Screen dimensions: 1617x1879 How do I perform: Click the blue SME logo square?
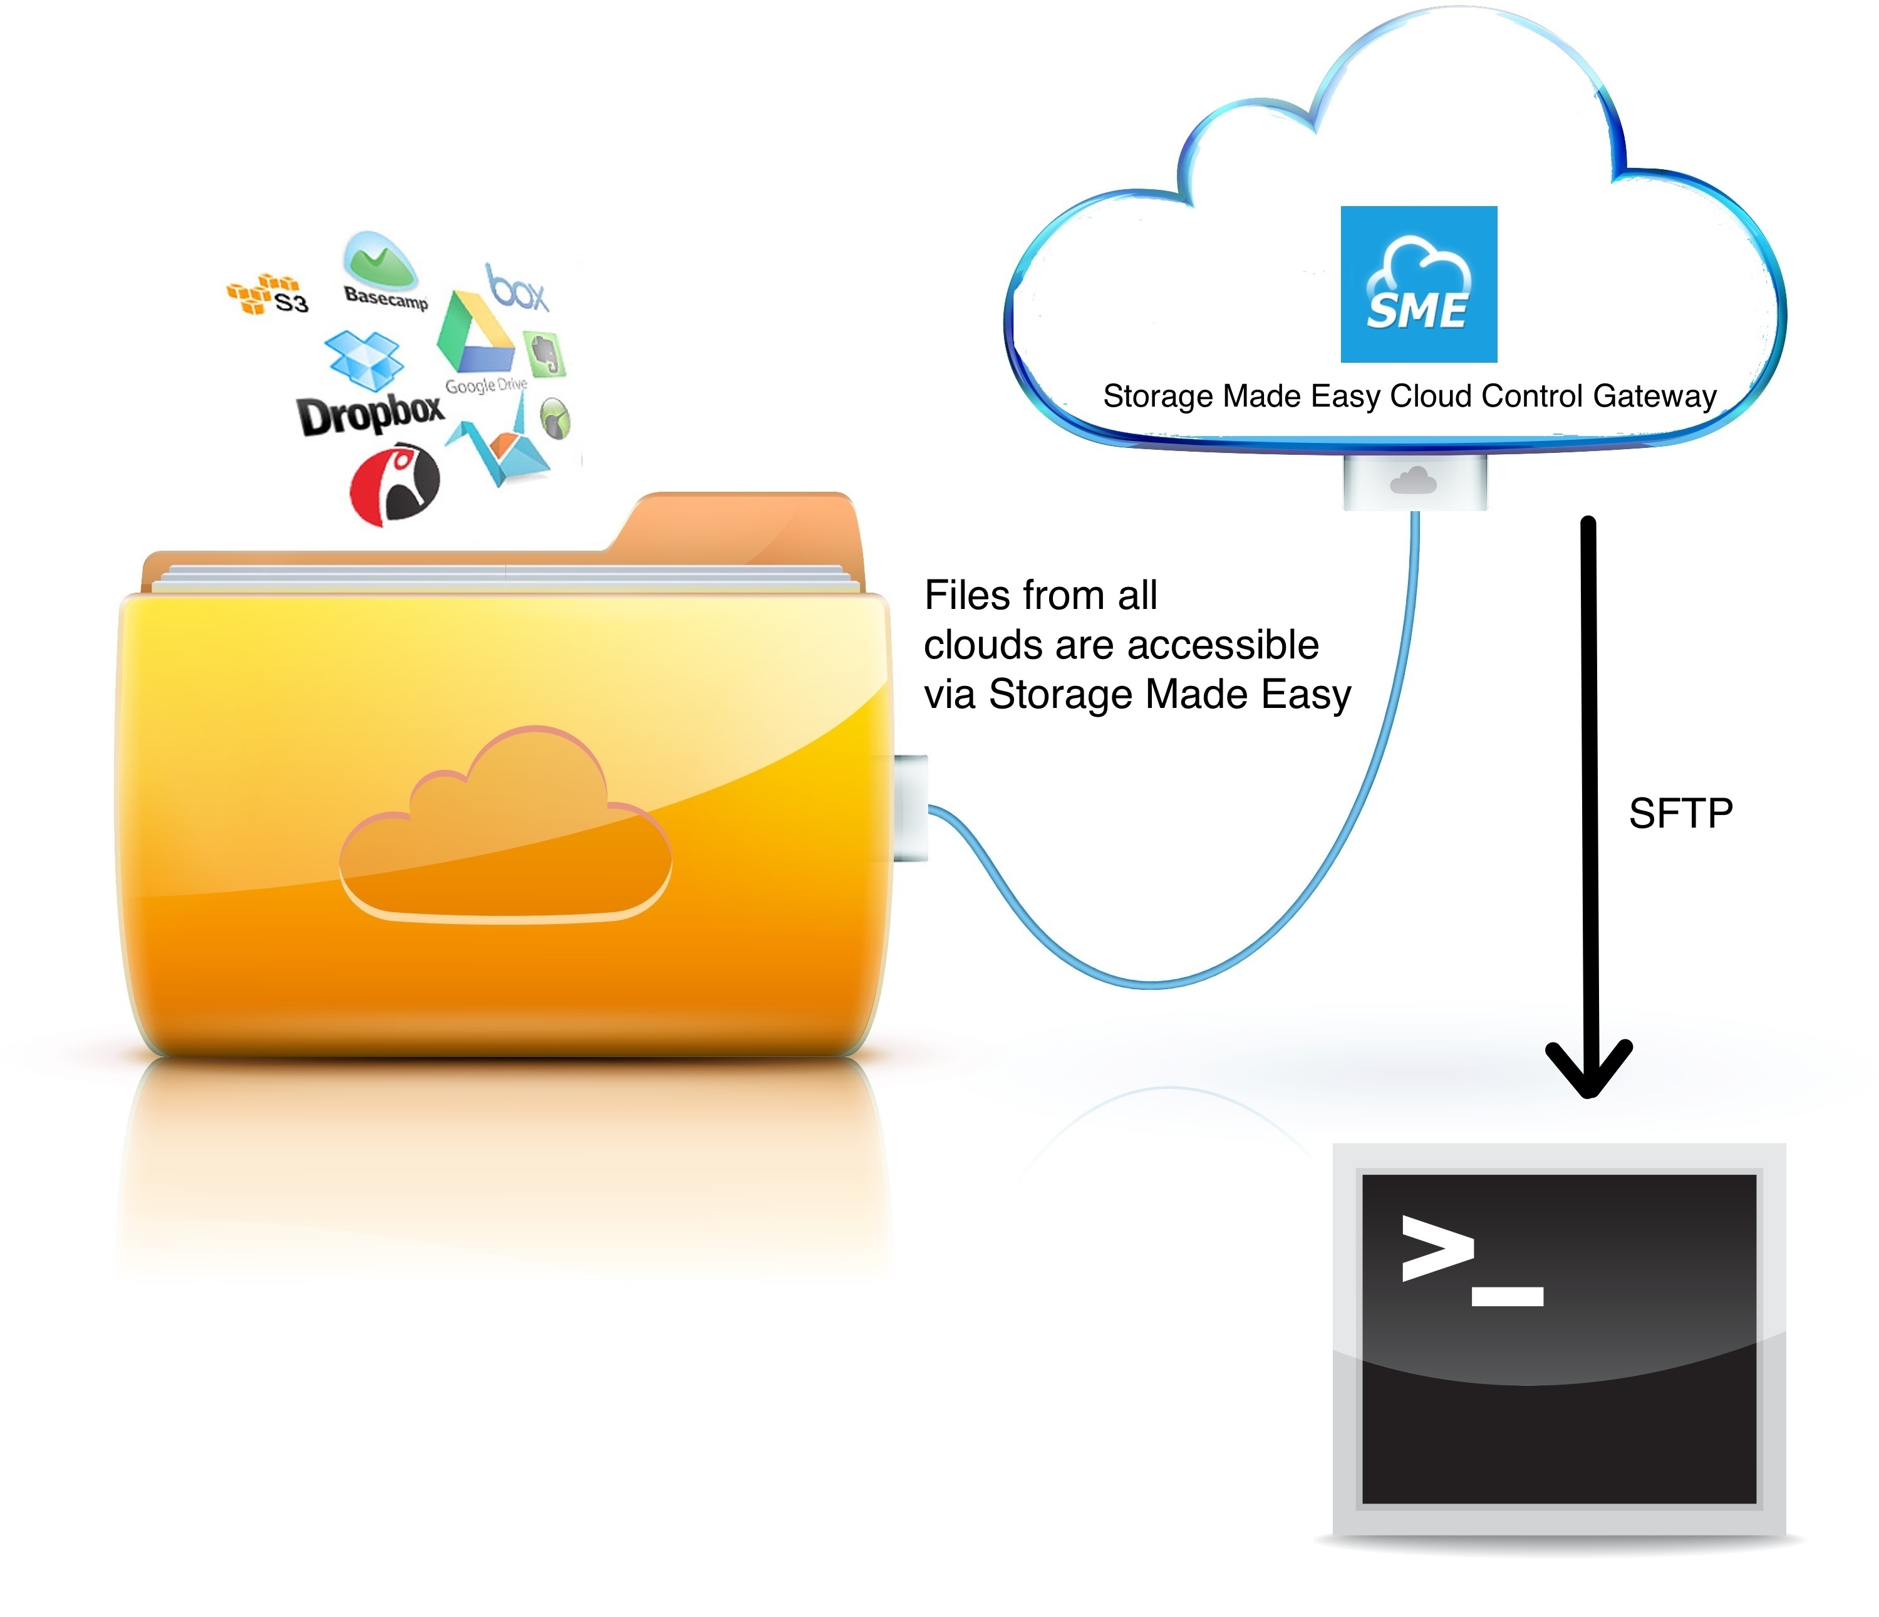[x=1418, y=284]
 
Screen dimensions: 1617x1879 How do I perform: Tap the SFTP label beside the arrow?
[x=1680, y=813]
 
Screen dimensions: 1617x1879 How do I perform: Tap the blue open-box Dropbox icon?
[x=364, y=358]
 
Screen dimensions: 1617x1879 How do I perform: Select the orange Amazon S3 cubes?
[x=259, y=292]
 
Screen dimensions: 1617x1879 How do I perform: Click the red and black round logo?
[x=395, y=484]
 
